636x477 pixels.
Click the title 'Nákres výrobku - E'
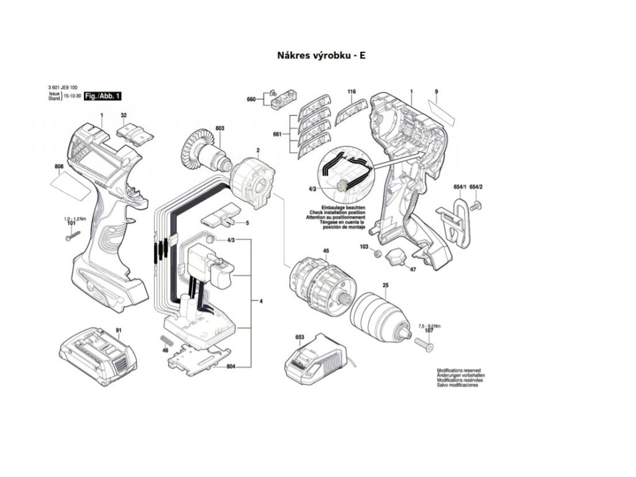pyautogui.click(x=321, y=55)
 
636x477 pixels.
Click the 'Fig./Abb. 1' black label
pyautogui.click(x=103, y=96)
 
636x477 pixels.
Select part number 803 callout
pyautogui.click(x=219, y=128)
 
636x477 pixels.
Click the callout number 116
pyautogui.click(x=351, y=93)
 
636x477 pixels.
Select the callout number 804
pyautogui.click(x=231, y=366)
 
